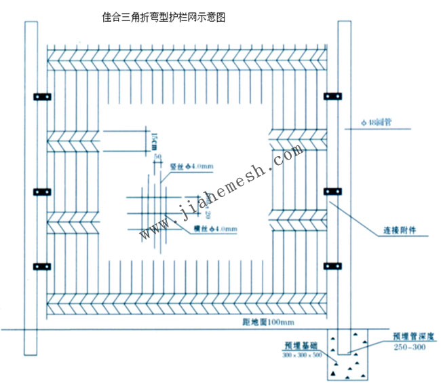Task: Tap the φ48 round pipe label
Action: (378, 123)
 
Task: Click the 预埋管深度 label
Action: (413, 336)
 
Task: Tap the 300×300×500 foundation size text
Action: (302, 354)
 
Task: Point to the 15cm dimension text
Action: (154, 140)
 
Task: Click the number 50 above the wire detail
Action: (158, 157)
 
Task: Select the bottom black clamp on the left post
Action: (41, 264)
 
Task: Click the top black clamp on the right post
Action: (333, 96)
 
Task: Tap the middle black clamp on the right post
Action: (333, 191)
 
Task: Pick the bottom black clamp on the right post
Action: (333, 265)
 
